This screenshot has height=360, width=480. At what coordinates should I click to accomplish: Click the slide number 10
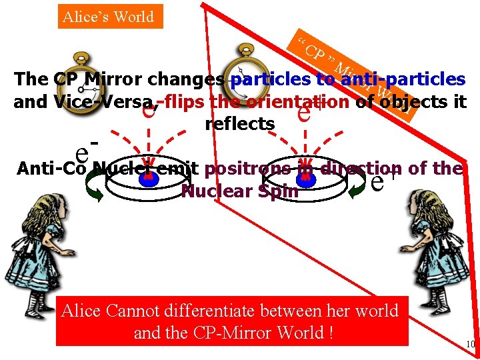click(x=470, y=344)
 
